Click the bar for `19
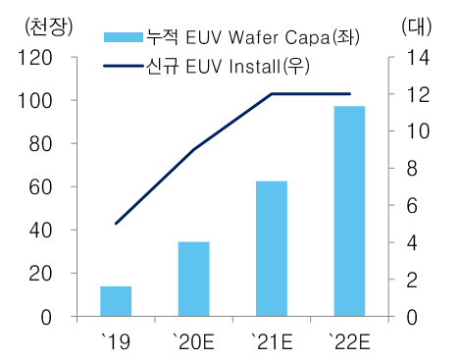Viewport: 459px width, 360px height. [x=116, y=301]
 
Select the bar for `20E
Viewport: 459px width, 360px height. [x=194, y=279]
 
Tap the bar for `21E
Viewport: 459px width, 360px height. [x=272, y=248]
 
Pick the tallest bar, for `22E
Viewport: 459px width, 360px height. [x=349, y=211]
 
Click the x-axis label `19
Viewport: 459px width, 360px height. [x=116, y=340]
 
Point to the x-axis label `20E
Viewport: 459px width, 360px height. [x=194, y=340]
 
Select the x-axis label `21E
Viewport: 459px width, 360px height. [x=272, y=340]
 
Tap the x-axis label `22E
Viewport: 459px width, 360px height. [x=349, y=340]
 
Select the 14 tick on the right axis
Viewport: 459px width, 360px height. [x=416, y=58]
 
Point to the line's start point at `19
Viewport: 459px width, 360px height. [x=116, y=224]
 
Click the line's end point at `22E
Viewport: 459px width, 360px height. [x=349, y=94]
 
